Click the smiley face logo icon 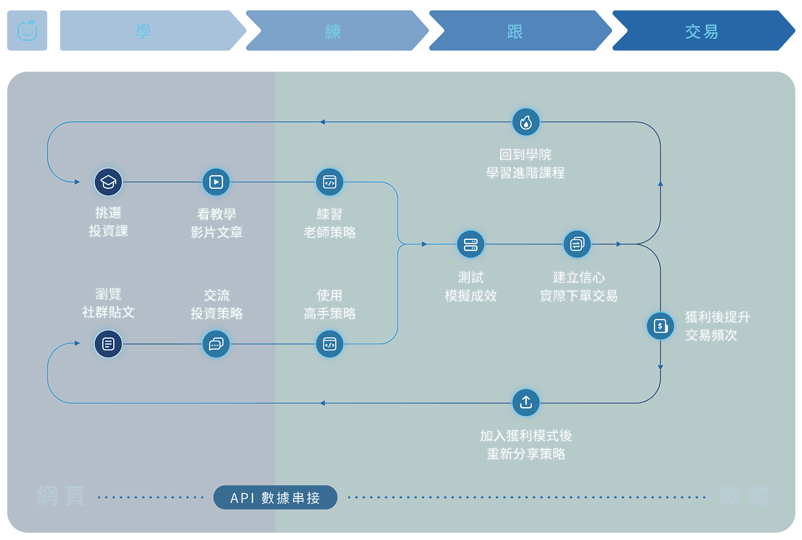tap(27, 31)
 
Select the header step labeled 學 tap(144, 31)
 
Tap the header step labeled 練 tap(333, 31)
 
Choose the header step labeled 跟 tap(515, 31)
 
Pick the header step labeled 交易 tap(701, 31)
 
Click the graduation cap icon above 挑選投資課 tap(108, 182)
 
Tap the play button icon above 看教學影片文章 tap(216, 182)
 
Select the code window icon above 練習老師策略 tap(329, 182)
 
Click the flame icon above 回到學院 tap(526, 122)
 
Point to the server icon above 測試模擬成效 tap(471, 244)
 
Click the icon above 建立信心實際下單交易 tap(577, 244)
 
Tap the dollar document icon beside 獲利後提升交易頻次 tap(661, 326)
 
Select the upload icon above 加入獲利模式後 tap(526, 402)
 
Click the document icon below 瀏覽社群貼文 tap(108, 344)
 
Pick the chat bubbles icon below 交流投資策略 tap(216, 344)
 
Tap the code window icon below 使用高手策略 tap(329, 344)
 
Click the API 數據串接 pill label tap(275, 497)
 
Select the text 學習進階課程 tap(525, 173)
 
